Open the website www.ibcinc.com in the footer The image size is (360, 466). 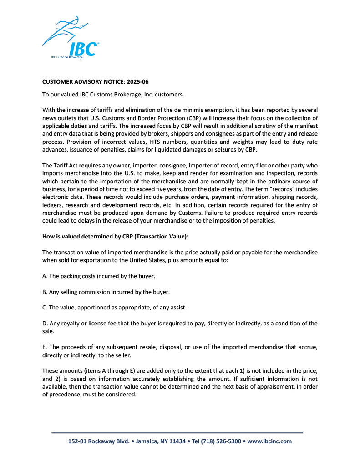click(269, 441)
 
